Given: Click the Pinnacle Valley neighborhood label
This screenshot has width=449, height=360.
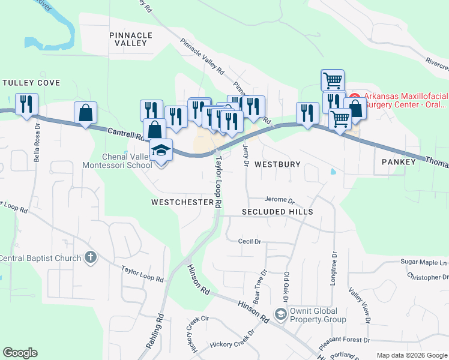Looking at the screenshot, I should click(128, 39).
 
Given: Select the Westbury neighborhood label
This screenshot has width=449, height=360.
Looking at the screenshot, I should click(277, 164).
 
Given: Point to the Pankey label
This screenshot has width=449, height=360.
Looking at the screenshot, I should click(399, 162).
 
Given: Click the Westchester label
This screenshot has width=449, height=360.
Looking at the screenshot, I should click(182, 203).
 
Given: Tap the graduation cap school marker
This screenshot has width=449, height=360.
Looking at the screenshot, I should click(161, 149).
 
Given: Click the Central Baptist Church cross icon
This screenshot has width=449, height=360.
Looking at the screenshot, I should click(90, 258).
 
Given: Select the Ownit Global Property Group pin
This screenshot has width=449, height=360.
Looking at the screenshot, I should click(280, 314).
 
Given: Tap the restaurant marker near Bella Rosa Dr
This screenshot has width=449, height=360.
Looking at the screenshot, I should click(26, 104).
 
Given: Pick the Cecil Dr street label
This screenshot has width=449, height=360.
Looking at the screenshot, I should click(250, 241).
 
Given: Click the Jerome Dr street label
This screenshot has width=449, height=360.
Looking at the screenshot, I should click(280, 201).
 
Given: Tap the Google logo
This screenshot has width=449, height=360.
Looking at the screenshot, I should click(20, 353).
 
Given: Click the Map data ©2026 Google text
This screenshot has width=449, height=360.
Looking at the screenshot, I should click(412, 355).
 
